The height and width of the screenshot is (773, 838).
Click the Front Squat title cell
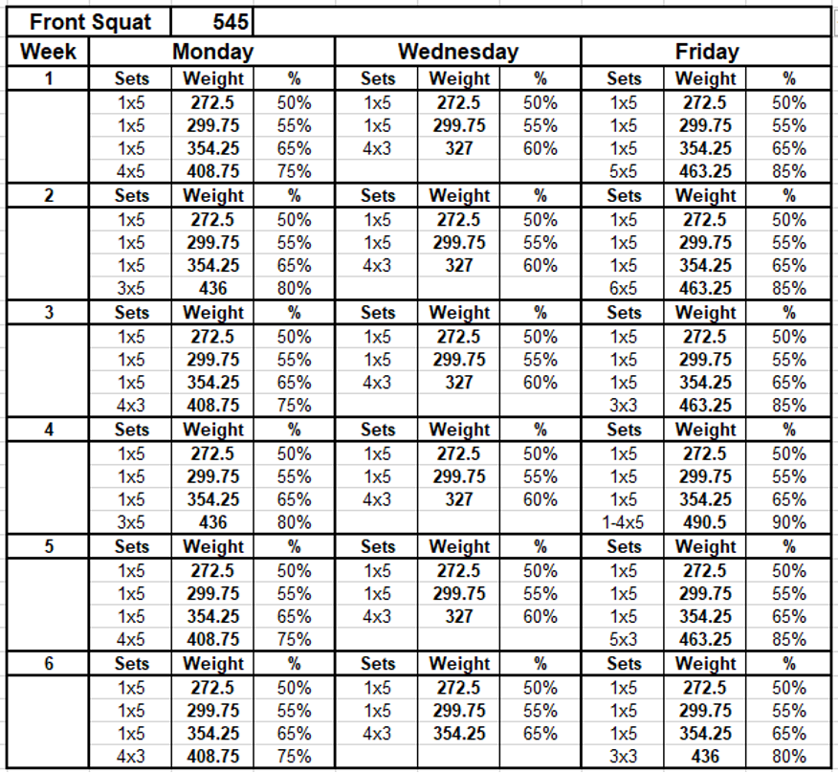[x=90, y=22]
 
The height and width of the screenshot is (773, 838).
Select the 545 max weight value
[x=231, y=22]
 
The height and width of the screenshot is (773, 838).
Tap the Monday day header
[x=212, y=52]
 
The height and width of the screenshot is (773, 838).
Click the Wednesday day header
[x=458, y=52]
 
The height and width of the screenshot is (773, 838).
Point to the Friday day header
[x=707, y=52]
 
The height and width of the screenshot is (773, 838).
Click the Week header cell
[x=48, y=52]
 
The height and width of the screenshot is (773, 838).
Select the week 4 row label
[x=49, y=430]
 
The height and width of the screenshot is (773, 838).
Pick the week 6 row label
[x=49, y=663]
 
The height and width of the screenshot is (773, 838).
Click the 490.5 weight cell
[x=705, y=522]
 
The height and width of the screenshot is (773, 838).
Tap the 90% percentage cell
[x=789, y=522]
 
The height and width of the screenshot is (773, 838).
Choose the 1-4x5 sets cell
[x=623, y=522]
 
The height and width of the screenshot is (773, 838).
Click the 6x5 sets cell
[x=623, y=289]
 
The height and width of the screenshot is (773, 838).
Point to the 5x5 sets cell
[x=623, y=171]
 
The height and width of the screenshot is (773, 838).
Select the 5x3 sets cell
[x=623, y=639]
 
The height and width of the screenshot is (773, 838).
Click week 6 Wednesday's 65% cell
[x=540, y=734]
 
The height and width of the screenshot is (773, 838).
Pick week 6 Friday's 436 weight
[x=705, y=757]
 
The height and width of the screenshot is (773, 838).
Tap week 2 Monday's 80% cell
[x=294, y=289]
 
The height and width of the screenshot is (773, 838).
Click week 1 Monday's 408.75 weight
[x=212, y=171]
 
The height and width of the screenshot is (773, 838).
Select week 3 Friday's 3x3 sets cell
[x=623, y=406]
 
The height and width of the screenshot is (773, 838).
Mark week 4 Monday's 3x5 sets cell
[x=131, y=522]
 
